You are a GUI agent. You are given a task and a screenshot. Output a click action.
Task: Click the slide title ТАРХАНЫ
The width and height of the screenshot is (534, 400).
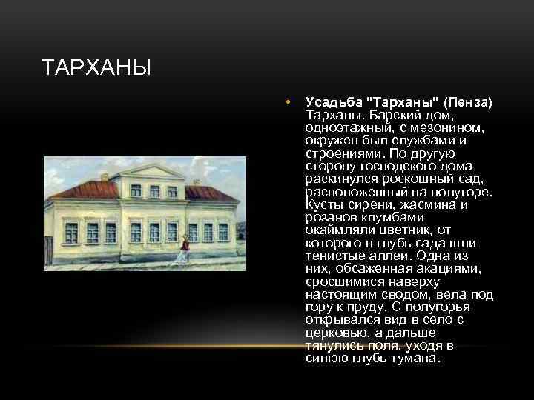pos(96,69)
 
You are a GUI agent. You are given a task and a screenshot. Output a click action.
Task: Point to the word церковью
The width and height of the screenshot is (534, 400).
pos(334,333)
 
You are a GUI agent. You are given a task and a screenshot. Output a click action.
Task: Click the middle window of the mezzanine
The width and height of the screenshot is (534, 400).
pos(154,191)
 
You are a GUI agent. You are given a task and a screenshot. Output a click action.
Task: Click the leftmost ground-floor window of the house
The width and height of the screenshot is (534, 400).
pos(71,233)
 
